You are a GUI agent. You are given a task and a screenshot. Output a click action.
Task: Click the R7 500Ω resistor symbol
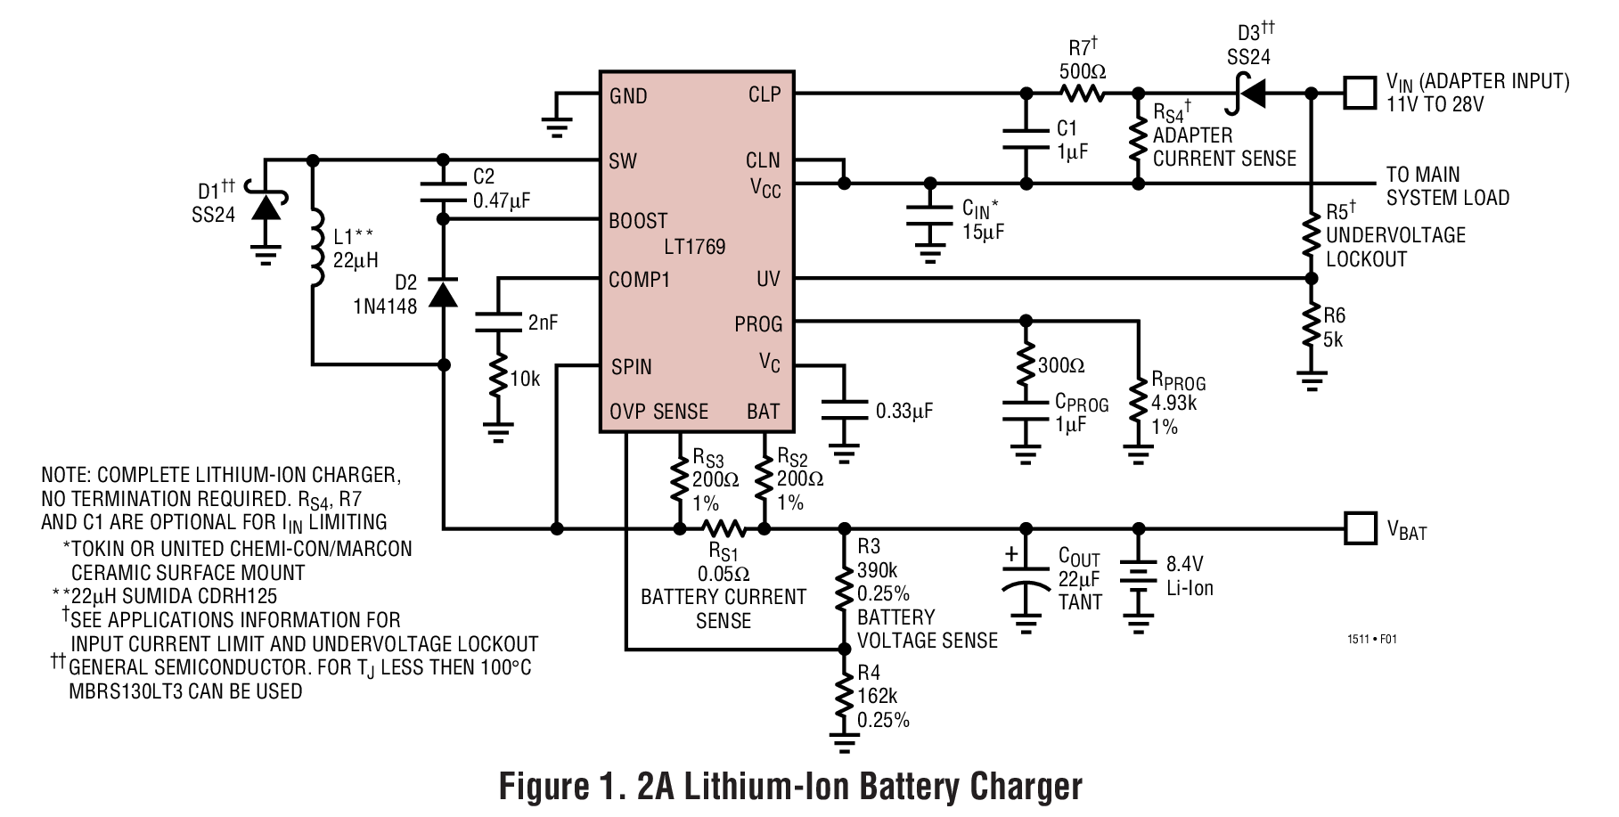[x=1082, y=93]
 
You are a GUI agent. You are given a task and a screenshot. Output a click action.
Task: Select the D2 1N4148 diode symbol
[x=443, y=292]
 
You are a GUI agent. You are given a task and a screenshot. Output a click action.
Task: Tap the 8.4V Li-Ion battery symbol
[x=1138, y=583]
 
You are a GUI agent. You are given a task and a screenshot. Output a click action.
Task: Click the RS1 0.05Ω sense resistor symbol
[x=723, y=528]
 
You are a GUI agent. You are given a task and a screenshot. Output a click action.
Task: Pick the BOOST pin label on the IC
[x=638, y=221]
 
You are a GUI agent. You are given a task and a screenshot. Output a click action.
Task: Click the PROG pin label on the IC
[x=758, y=324]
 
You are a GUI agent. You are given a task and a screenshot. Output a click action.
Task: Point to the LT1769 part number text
[x=694, y=247]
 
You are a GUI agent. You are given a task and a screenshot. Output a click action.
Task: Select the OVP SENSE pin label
[x=658, y=412]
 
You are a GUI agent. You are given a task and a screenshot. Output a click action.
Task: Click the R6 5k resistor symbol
[x=1311, y=327]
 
